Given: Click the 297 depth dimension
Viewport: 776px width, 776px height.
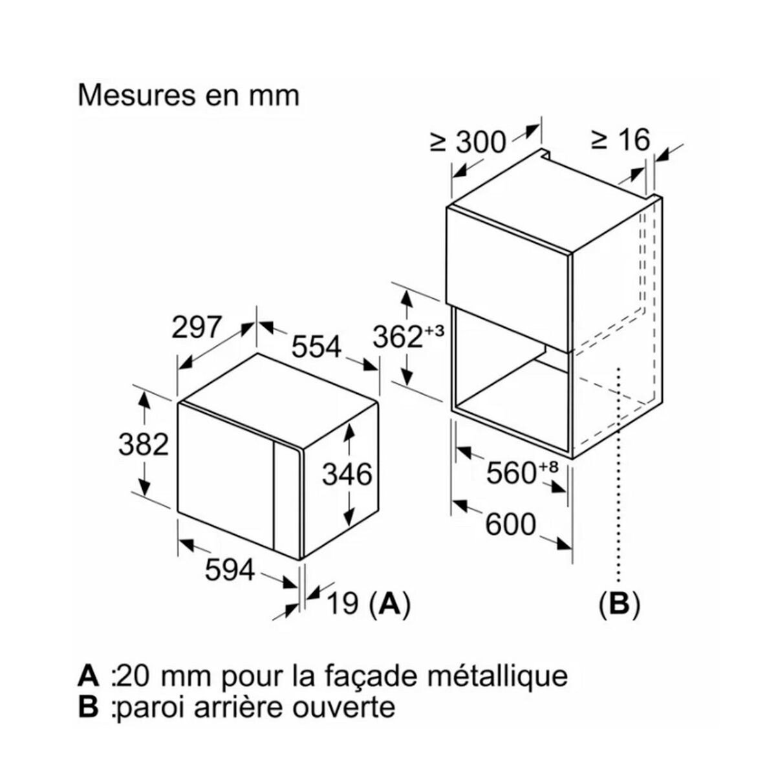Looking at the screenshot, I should point(197,328).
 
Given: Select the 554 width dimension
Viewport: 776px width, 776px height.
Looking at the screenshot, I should point(316,347).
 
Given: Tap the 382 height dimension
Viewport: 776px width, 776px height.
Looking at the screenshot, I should point(144,444).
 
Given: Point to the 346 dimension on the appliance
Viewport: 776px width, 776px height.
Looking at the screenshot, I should point(347,475).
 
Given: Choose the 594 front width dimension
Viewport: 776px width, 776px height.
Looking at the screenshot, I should point(230,570).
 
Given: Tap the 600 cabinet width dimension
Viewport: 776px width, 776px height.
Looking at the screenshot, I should point(511,524).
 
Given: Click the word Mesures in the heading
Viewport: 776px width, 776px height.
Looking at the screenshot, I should point(133,95).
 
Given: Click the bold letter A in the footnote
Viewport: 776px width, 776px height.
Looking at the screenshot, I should point(89,676).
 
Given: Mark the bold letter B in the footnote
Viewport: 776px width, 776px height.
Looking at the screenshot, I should point(87,706).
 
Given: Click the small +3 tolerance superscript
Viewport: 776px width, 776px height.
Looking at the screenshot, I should point(435,330).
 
